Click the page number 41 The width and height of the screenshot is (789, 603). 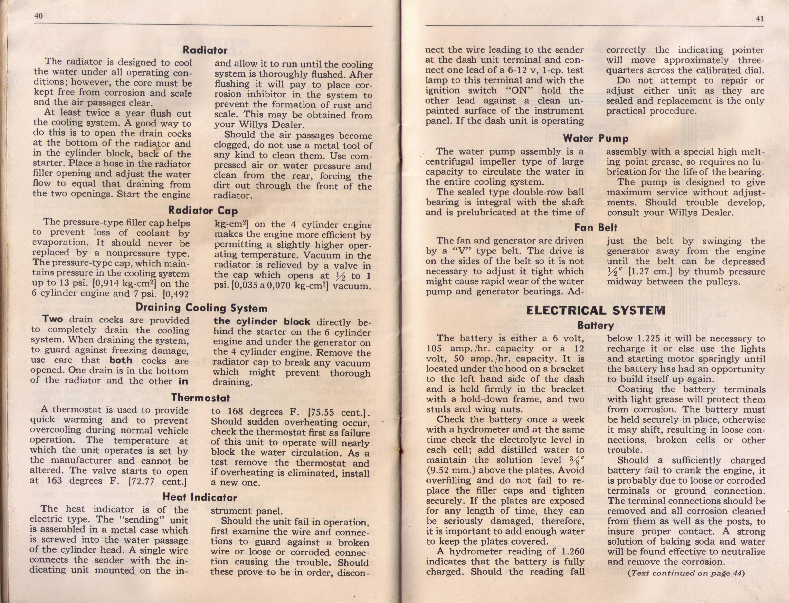pyautogui.click(x=760, y=19)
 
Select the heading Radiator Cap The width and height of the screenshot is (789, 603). pyautogui.click(x=203, y=210)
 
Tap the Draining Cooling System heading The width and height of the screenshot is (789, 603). pyautogui.click(x=201, y=308)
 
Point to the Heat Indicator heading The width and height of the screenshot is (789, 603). pyautogui.click(x=200, y=497)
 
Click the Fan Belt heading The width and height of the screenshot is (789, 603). pyautogui.click(x=595, y=228)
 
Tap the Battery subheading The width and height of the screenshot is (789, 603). pyautogui.click(x=595, y=326)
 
